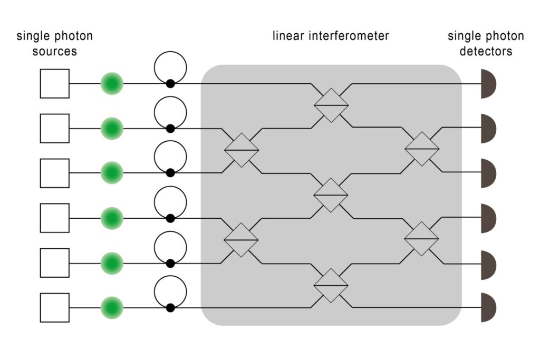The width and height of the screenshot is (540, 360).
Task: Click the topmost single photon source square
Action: pos(55,83)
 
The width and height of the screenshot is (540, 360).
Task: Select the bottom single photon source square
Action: pos(55,307)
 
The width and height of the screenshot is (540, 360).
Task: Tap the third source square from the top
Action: pos(55,173)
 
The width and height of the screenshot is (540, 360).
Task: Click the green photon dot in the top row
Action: pos(112,83)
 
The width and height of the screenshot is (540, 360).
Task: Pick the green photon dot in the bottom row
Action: pos(112,307)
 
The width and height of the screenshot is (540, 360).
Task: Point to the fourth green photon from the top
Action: pos(112,218)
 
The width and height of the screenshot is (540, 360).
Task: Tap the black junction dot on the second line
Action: pos(170,129)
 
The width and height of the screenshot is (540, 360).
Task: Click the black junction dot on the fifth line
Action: pos(170,263)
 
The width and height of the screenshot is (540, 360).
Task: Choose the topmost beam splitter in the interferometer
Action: pos(331,105)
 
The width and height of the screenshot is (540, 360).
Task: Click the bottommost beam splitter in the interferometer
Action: pos(331,285)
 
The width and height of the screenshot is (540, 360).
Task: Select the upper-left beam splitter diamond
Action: pos(242,150)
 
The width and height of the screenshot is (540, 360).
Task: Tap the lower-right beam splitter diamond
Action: pos(421,239)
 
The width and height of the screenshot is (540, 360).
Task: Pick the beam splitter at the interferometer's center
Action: pos(331,195)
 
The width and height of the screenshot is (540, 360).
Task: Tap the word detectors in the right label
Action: pos(486,51)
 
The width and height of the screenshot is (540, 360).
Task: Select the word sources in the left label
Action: pos(55,51)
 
